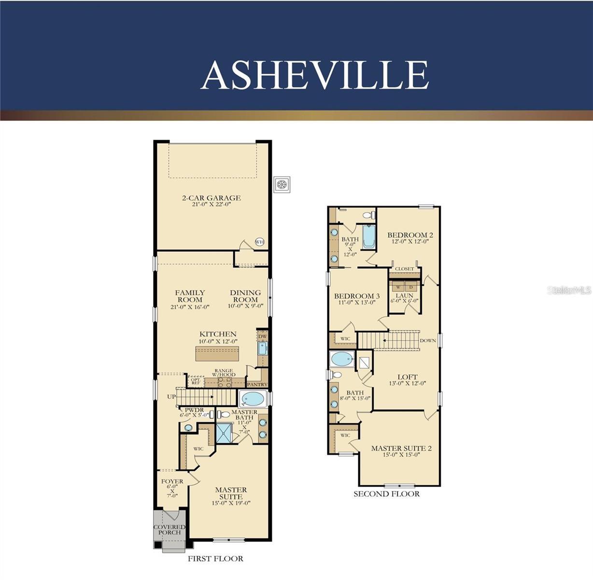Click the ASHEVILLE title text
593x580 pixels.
pyautogui.click(x=314, y=75)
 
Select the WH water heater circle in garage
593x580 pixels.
pyautogui.click(x=260, y=242)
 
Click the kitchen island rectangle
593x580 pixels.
pyautogui.click(x=217, y=354)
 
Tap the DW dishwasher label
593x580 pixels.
pyautogui.click(x=262, y=336)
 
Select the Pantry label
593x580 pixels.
pyautogui.click(x=257, y=385)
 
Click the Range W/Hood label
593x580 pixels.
pyautogui.click(x=224, y=373)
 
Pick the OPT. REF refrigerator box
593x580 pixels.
pyautogui.click(x=196, y=382)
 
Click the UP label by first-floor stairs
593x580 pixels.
pyautogui.click(x=171, y=397)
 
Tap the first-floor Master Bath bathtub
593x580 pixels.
pyautogui.click(x=253, y=399)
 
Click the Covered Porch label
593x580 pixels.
pyautogui.click(x=169, y=530)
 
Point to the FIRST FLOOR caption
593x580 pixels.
pyautogui.click(x=215, y=559)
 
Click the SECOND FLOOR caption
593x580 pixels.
pyautogui.click(x=386, y=494)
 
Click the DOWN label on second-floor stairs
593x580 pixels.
pyautogui.click(x=428, y=341)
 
